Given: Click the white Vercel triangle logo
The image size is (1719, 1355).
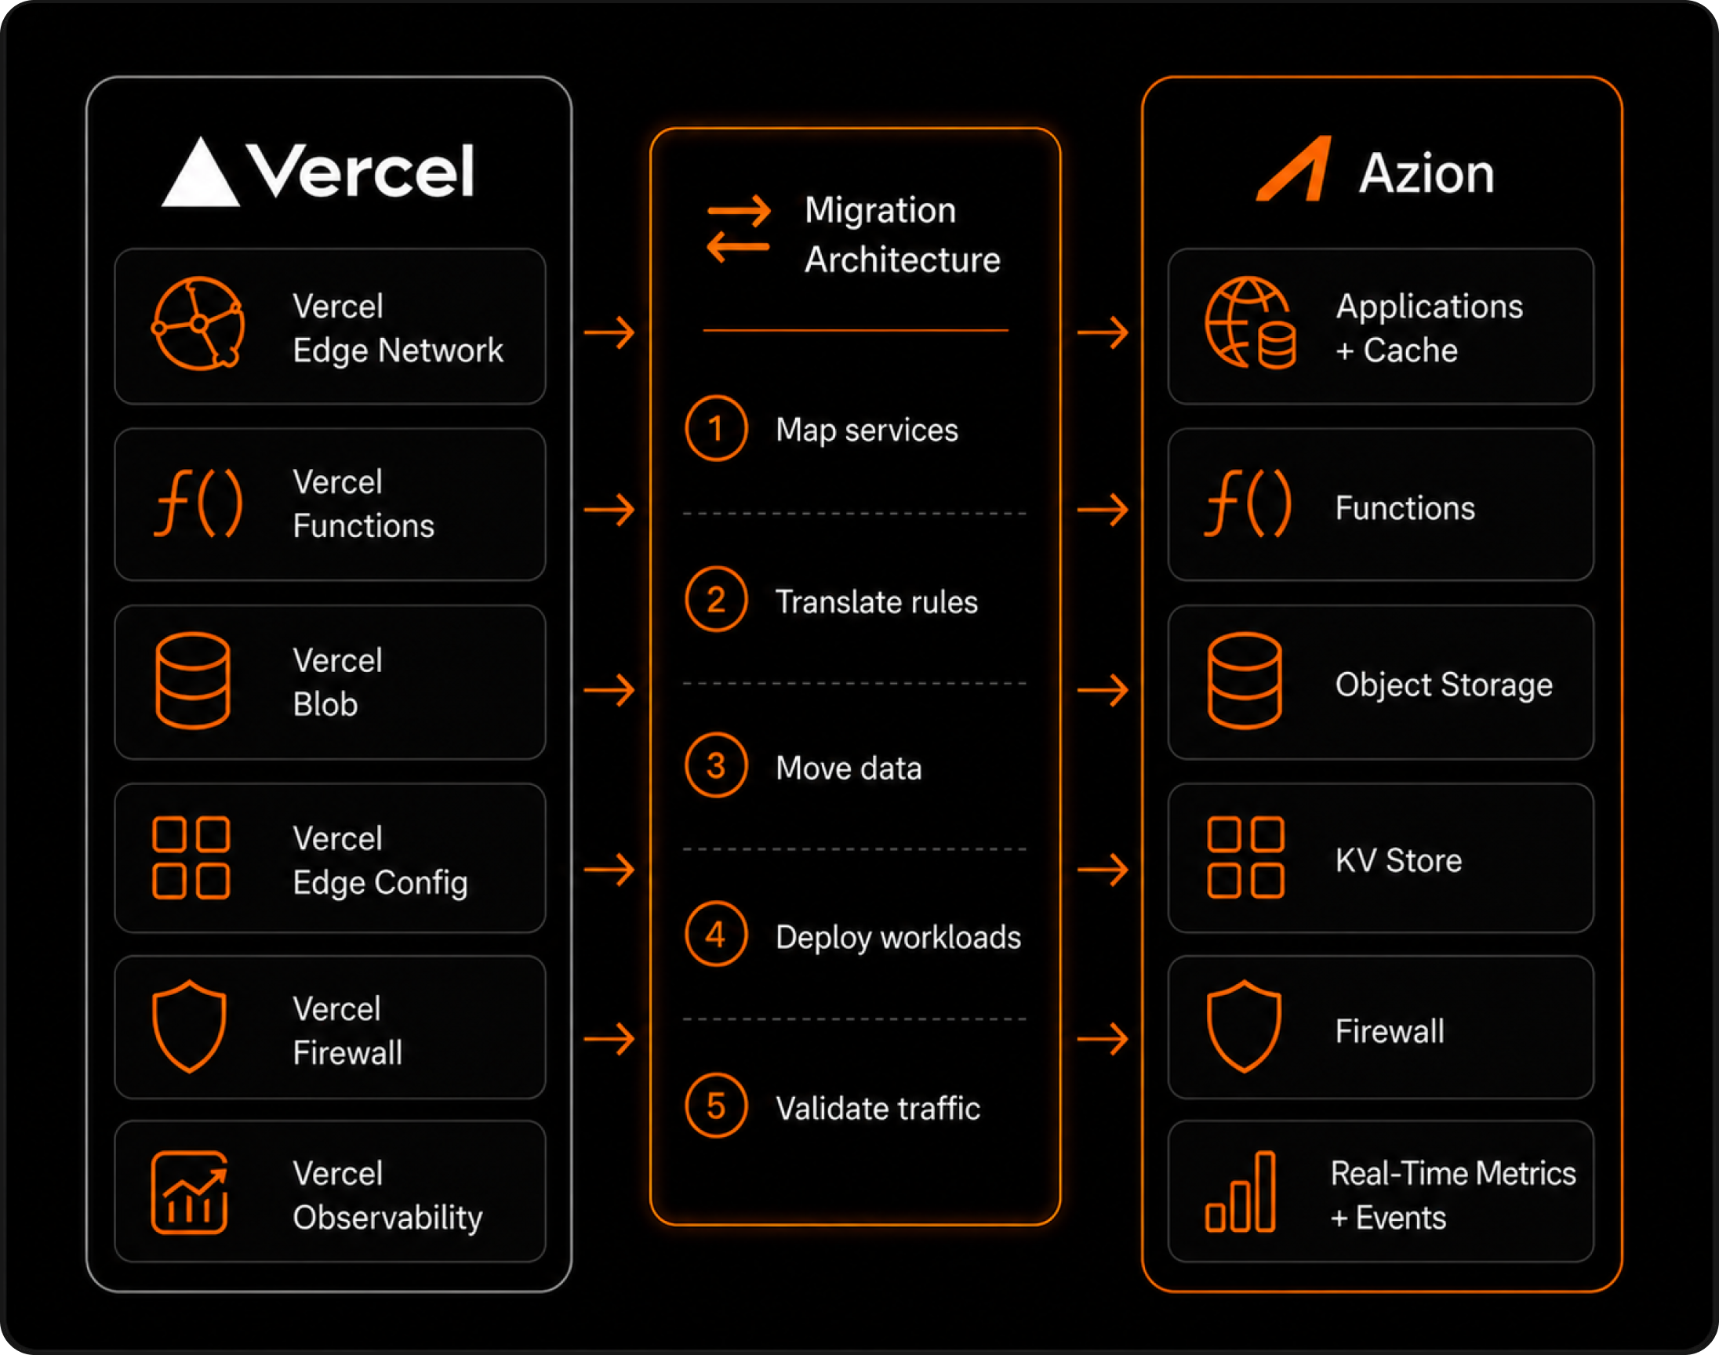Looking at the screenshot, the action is [200, 173].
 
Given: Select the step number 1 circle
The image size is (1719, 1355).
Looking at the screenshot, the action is [715, 428].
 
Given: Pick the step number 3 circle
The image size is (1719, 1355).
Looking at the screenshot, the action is [715, 765].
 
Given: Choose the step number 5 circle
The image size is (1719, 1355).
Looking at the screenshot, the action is [715, 1105].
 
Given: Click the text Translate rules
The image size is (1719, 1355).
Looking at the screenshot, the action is [877, 601].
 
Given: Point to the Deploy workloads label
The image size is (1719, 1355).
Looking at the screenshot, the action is [898, 937].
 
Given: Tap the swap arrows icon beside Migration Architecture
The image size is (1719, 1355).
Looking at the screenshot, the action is [739, 228].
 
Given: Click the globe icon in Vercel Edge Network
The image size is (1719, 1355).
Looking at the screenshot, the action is [198, 324].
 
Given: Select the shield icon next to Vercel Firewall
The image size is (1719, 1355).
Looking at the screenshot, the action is [190, 1026].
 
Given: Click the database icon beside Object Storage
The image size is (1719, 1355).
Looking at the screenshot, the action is [1244, 681].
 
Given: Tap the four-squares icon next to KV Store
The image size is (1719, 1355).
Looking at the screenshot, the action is [1245, 857].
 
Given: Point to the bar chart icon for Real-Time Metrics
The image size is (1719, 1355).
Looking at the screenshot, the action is [1240, 1192].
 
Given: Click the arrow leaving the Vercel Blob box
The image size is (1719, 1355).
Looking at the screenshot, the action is [609, 689].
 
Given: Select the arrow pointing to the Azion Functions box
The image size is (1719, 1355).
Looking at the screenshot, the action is [1103, 510].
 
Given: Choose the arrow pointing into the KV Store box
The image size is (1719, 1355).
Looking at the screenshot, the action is [1103, 870].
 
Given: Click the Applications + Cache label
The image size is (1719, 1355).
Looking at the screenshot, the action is [1429, 328].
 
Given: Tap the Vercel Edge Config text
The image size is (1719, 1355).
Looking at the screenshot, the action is [380, 861].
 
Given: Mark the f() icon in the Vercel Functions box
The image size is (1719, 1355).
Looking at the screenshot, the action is [198, 503].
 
